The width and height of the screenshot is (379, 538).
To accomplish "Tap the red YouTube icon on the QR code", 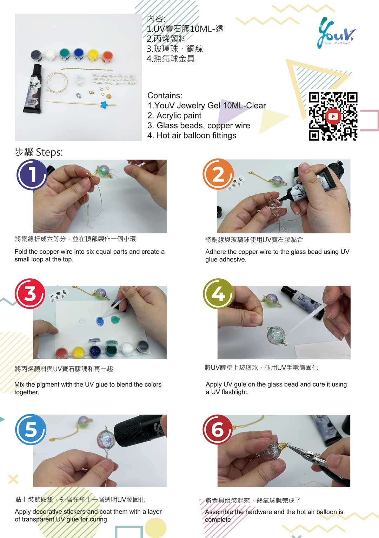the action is pyautogui.click(x=333, y=116).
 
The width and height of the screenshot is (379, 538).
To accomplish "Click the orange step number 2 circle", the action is pyautogui.click(x=218, y=174).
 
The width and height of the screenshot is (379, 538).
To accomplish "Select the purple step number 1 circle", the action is pyautogui.click(x=32, y=175).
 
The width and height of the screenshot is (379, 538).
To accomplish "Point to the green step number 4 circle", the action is pyautogui.click(x=218, y=294).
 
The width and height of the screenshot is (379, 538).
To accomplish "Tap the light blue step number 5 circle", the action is pyautogui.click(x=31, y=429).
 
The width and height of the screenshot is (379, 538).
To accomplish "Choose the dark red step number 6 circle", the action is pyautogui.click(x=217, y=429).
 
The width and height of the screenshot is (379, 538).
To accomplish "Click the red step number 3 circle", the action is pyautogui.click(x=30, y=293).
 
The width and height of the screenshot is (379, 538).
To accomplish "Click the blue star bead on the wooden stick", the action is pyautogui.click(x=104, y=104).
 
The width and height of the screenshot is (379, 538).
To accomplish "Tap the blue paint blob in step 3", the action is pyautogui.click(x=100, y=321).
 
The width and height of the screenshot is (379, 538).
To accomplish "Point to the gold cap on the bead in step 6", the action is pyautogui.click(x=284, y=446).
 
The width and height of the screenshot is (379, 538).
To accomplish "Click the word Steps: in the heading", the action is pyautogui.click(x=49, y=152).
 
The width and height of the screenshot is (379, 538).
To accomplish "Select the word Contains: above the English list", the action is pyautogui.click(x=165, y=96).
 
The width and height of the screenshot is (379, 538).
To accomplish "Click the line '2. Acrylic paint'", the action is pyautogui.click(x=174, y=116).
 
